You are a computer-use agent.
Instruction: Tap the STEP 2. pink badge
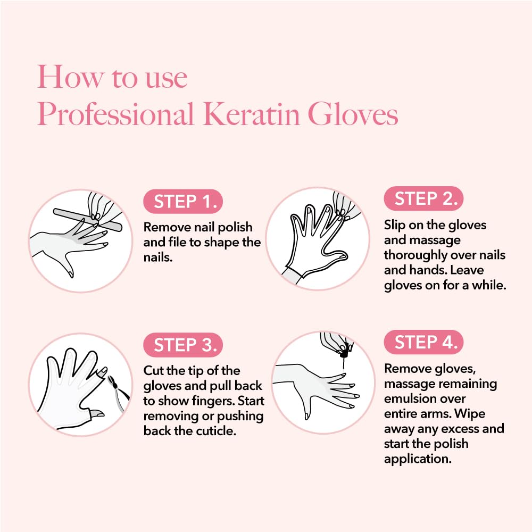pyautogui.click(x=423, y=199)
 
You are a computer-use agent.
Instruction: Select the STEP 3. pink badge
pyautogui.click(x=183, y=345)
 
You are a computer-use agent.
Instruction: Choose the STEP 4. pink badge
pyautogui.click(x=423, y=342)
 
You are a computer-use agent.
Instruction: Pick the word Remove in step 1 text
pyautogui.click(x=164, y=227)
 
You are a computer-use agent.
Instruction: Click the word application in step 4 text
pyautogui.click(x=418, y=458)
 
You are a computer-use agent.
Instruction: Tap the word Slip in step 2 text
pyautogui.click(x=395, y=225)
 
